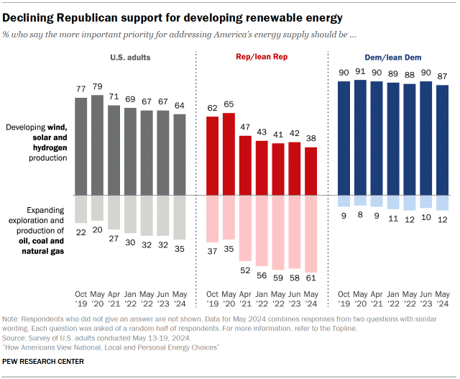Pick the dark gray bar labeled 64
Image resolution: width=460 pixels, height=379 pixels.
point(179,154)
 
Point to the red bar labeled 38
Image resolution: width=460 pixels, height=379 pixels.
point(310,170)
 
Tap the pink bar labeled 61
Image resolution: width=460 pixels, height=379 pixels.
point(310,233)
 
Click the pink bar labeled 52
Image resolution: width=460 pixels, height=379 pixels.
point(246,227)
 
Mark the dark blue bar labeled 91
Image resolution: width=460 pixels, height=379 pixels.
point(361,137)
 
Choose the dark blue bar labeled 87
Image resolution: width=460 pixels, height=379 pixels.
point(443,140)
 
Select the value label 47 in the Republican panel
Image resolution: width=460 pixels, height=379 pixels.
point(246,125)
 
